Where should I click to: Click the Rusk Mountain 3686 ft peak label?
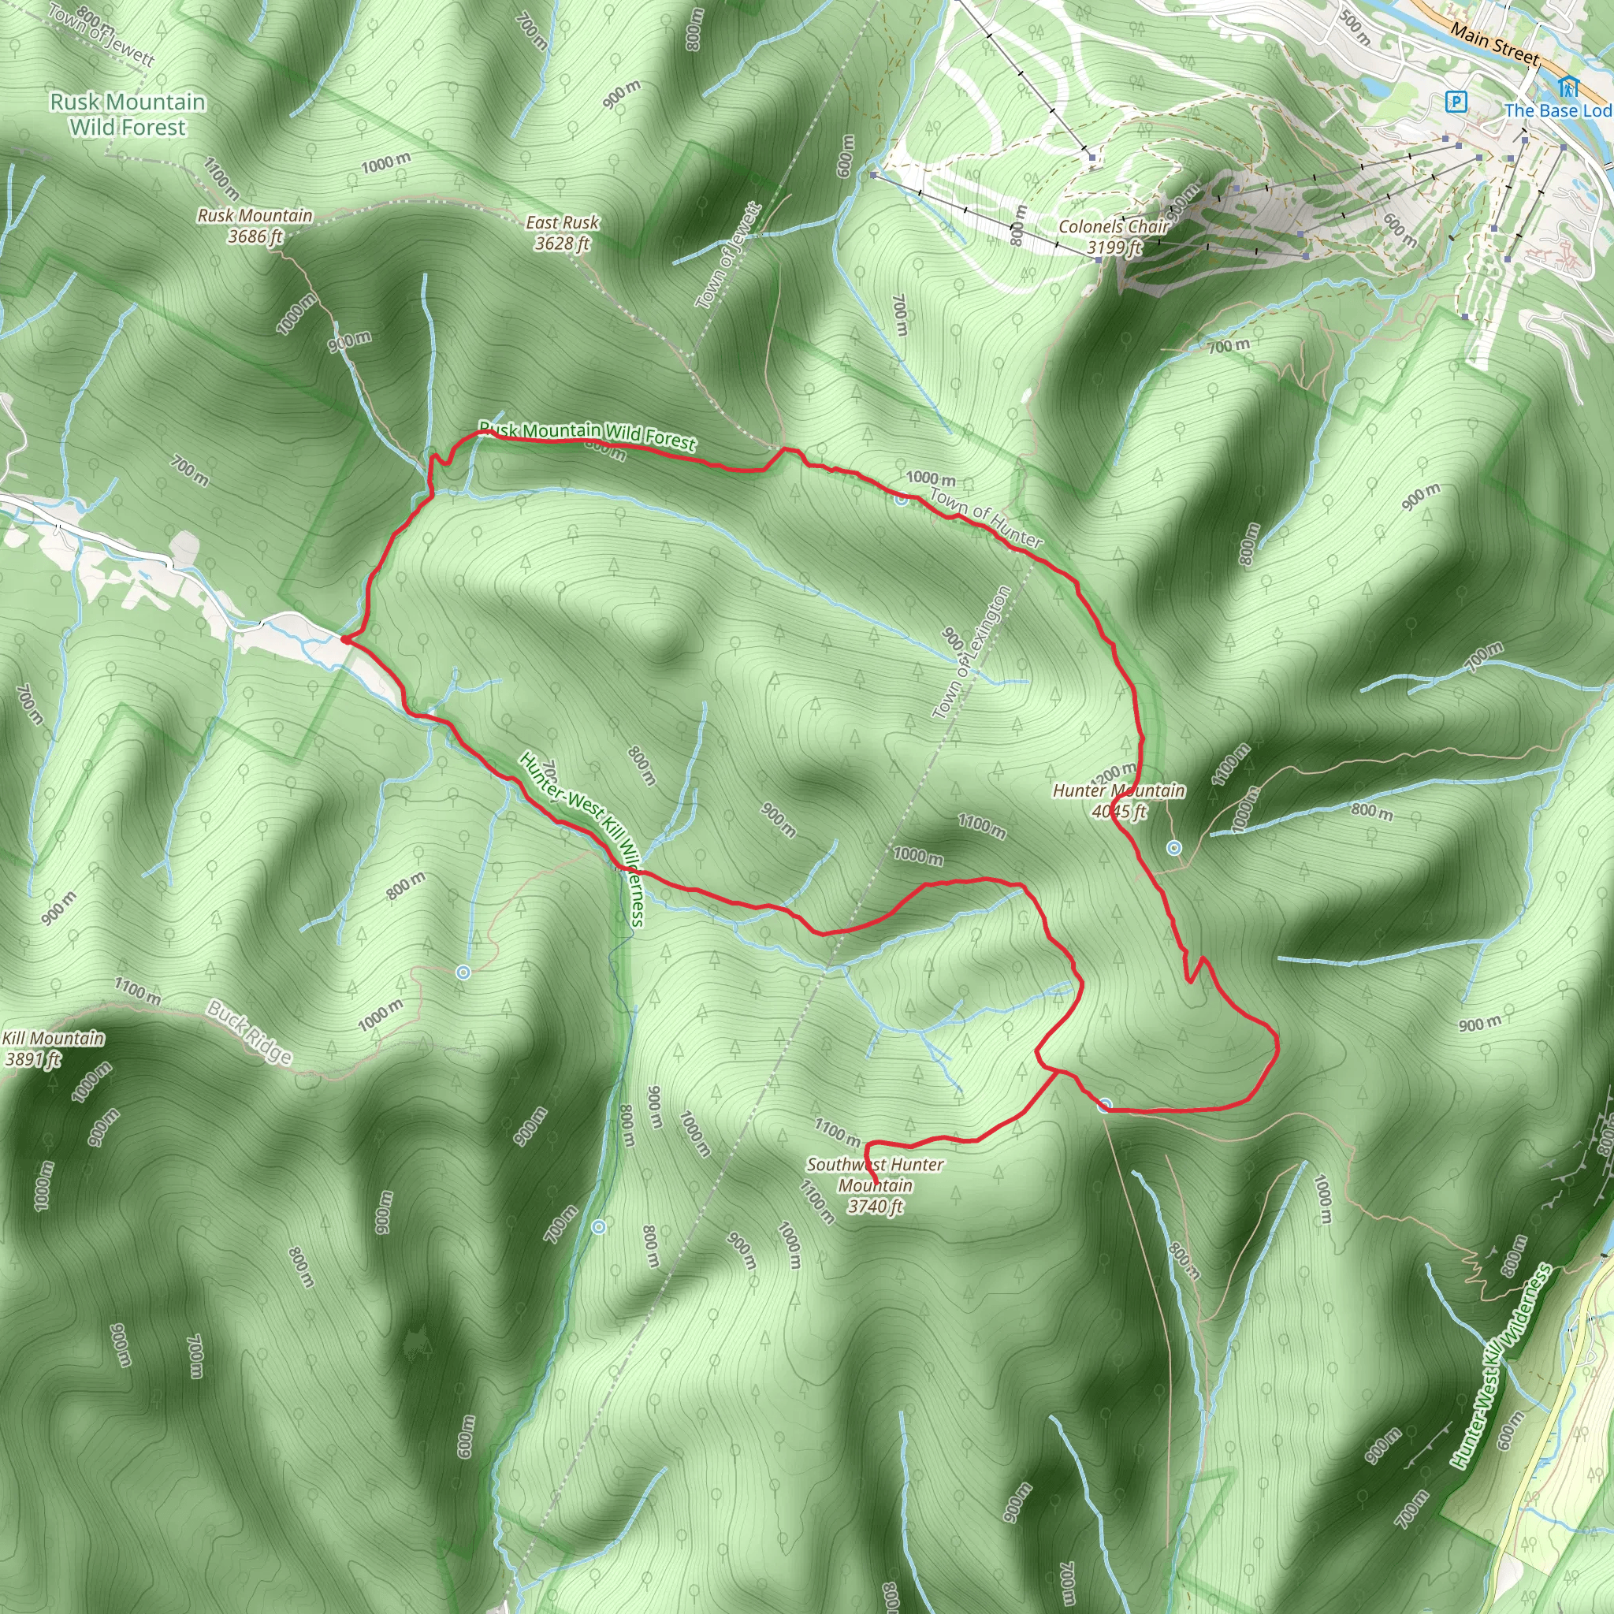(x=255, y=225)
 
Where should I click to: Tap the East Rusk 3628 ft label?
(x=562, y=232)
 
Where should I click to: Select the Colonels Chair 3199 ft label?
(x=1114, y=236)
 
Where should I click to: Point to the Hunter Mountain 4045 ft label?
(x=1118, y=801)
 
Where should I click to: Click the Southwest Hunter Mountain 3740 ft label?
(x=875, y=1184)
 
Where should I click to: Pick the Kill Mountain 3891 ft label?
(x=53, y=1048)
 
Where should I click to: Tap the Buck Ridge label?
(x=250, y=1032)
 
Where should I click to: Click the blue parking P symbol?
(x=1456, y=102)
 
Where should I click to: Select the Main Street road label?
(x=1494, y=43)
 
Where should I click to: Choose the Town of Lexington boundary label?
(x=971, y=653)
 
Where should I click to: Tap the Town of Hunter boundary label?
(x=986, y=518)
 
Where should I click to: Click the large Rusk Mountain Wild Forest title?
(x=128, y=114)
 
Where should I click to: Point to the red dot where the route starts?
(x=345, y=640)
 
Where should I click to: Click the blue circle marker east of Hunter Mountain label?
(x=1173, y=848)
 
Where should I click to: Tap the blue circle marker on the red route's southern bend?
(x=1105, y=1106)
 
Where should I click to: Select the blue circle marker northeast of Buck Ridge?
(x=463, y=972)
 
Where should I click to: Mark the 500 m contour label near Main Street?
(x=1355, y=27)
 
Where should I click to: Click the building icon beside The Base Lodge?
(x=1568, y=86)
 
